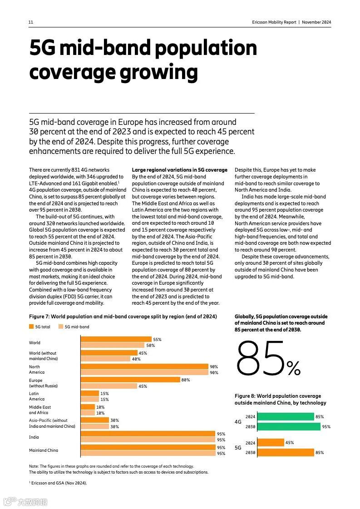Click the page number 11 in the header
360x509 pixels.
(31, 22)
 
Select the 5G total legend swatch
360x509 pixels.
(31, 326)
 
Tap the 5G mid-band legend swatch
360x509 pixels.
(60, 326)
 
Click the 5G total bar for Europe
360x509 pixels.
(130, 380)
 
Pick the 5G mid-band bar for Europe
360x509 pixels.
(109, 386)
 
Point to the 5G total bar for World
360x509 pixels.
(116, 339)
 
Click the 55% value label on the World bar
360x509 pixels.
(157, 339)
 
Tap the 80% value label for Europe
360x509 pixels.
(185, 380)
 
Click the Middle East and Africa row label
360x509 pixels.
(40, 410)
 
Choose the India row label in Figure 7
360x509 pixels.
(34, 437)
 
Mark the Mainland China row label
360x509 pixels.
(44, 450)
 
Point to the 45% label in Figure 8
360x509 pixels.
(289, 443)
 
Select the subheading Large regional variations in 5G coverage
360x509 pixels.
(179, 170)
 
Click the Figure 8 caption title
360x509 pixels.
(280, 399)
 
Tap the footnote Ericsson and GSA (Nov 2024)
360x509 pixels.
(59, 483)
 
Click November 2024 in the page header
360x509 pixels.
(316, 22)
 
